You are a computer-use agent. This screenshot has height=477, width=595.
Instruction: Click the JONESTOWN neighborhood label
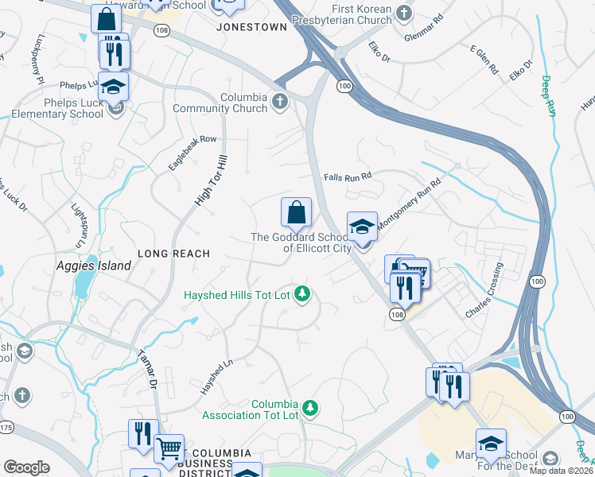(251, 26)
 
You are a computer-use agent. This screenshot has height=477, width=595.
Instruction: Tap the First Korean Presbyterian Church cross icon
(404, 13)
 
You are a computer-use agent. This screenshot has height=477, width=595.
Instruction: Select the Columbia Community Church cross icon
(278, 101)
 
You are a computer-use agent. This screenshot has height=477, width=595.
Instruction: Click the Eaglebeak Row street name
(192, 152)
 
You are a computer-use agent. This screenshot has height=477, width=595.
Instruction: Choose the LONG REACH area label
(173, 254)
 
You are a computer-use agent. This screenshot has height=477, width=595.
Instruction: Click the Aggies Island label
(93, 266)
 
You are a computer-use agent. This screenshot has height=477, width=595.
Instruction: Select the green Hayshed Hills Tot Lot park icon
(301, 295)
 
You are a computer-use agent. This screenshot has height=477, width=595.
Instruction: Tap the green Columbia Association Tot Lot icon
(311, 409)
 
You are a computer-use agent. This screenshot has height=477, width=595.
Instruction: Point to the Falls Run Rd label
(348, 176)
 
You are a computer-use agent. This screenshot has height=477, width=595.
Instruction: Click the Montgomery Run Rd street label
(408, 204)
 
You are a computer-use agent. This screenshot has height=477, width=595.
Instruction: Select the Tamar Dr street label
(145, 370)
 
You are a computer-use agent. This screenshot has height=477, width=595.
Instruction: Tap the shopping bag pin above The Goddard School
(295, 212)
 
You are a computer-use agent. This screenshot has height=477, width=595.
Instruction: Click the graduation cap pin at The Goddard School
(362, 227)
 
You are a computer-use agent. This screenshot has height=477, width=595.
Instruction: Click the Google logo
(26, 467)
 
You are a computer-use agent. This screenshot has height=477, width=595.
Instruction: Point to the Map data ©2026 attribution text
(560, 471)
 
